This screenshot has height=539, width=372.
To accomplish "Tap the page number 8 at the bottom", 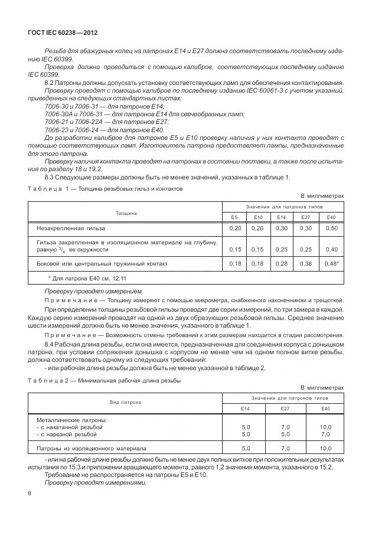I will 30,493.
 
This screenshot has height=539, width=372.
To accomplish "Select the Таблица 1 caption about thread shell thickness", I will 106,189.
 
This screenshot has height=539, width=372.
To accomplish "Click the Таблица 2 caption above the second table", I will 105,381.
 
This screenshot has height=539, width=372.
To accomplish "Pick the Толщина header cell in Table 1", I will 126,212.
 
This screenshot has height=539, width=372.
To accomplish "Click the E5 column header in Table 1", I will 235,217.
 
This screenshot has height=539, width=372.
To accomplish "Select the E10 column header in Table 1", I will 257,217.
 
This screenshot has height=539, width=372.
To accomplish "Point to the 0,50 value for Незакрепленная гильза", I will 331,228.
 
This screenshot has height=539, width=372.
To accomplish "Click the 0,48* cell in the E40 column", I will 331,263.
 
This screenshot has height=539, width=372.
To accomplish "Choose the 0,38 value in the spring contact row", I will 305,263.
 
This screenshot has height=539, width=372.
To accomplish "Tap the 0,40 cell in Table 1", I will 331,250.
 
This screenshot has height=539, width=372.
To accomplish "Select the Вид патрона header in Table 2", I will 125,402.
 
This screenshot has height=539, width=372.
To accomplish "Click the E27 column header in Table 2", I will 286,408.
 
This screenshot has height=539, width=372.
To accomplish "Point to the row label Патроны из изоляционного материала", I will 92,449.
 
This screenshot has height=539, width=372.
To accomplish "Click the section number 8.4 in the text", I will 50,344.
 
